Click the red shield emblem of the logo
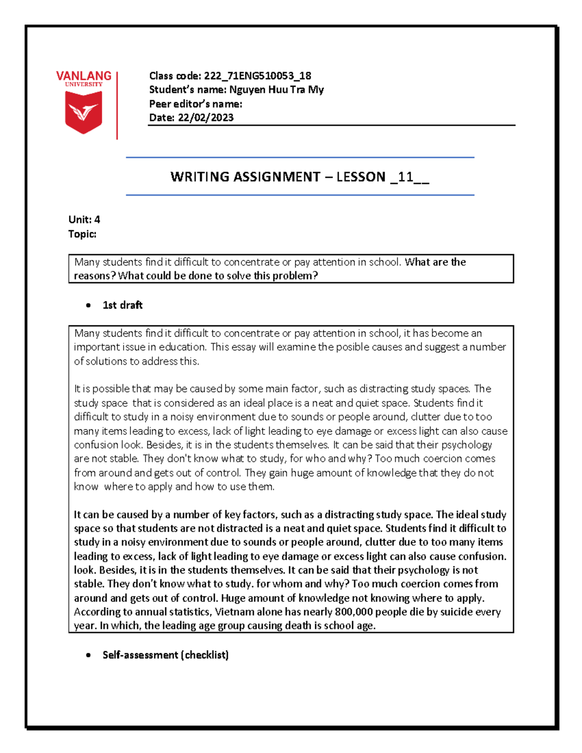[83, 112]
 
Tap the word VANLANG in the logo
[83, 76]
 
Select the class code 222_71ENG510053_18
[258, 76]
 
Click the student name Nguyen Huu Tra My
[276, 90]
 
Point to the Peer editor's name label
[195, 104]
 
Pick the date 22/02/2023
[206, 118]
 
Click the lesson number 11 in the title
[405, 177]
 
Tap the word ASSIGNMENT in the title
[276, 177]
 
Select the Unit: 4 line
[84, 220]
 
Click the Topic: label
[82, 234]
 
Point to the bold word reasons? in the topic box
[95, 276]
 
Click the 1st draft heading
[123, 305]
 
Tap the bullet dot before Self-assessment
[88, 655]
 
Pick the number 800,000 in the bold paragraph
[354, 612]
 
